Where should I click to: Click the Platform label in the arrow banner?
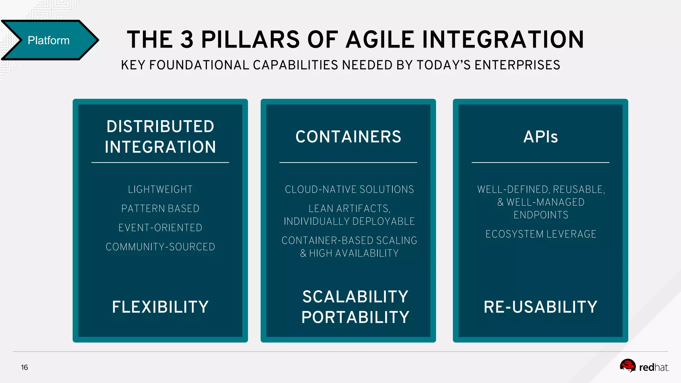coord(49,41)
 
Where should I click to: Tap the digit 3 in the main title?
coord(187,40)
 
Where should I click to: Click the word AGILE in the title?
coord(380,40)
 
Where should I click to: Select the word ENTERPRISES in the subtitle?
coord(517,65)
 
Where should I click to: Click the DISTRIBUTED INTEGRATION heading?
coord(160,137)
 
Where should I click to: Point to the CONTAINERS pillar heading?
coord(348,137)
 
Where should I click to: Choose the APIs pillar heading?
coord(540,137)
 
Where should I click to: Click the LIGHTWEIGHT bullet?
coord(160,190)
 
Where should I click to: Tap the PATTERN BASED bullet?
coord(160,208)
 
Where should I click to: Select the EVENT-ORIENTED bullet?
coord(160,228)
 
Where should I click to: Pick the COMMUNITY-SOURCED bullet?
coord(160,247)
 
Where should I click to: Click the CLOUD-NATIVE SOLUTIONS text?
coord(349,190)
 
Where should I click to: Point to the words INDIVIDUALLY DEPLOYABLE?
coord(349,221)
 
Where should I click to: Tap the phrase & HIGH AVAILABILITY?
coord(349,253)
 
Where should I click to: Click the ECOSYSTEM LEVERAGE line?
coord(541,234)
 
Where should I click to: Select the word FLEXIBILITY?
coord(160,307)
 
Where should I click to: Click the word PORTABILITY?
coord(355,317)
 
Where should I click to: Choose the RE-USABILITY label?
coord(540,307)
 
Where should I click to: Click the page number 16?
coord(25,367)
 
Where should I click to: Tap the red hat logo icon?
coord(627,366)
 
